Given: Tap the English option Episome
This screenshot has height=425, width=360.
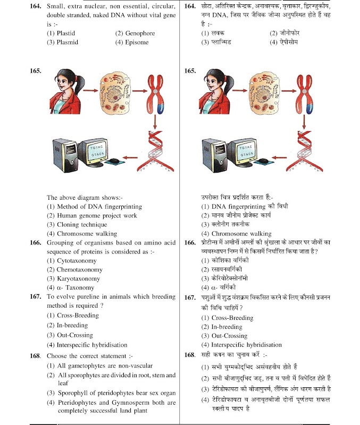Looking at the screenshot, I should (137, 42).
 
